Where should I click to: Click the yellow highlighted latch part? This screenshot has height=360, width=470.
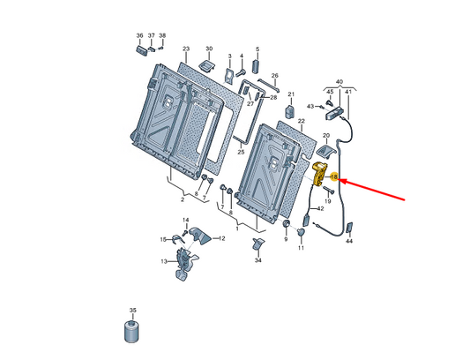(319, 174)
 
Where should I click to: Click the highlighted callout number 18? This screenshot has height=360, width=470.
(333, 177)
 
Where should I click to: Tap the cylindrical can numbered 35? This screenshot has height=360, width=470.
(132, 332)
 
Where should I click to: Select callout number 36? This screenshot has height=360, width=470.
(139, 35)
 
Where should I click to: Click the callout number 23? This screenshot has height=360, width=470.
(186, 49)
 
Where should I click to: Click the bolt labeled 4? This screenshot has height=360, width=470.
(241, 72)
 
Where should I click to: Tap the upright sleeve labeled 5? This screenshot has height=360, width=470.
(257, 66)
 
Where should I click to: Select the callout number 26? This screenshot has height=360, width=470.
(274, 76)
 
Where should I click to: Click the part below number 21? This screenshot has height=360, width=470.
(289, 111)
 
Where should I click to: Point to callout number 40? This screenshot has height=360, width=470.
(339, 82)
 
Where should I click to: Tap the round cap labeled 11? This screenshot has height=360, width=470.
(301, 232)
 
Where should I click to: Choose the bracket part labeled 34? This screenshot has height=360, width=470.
(258, 244)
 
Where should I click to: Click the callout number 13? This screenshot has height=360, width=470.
(164, 261)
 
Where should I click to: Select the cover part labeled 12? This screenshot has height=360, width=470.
(201, 236)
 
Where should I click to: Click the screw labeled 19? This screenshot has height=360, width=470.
(328, 190)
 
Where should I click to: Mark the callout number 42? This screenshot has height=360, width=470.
(320, 208)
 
